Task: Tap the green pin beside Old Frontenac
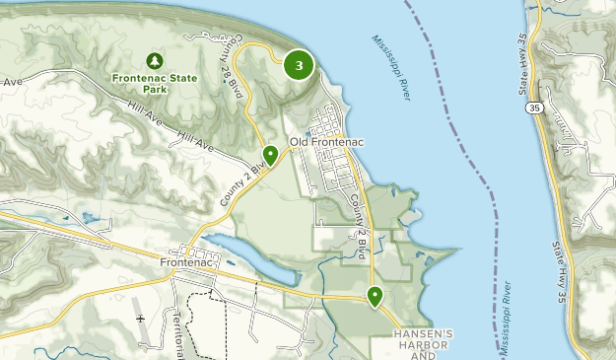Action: point(270,155)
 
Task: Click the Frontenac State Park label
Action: point(154,83)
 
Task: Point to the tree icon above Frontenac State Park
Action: point(154,60)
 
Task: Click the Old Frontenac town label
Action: point(327,143)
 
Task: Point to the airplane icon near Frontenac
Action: point(140,320)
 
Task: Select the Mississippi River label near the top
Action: point(391,67)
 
